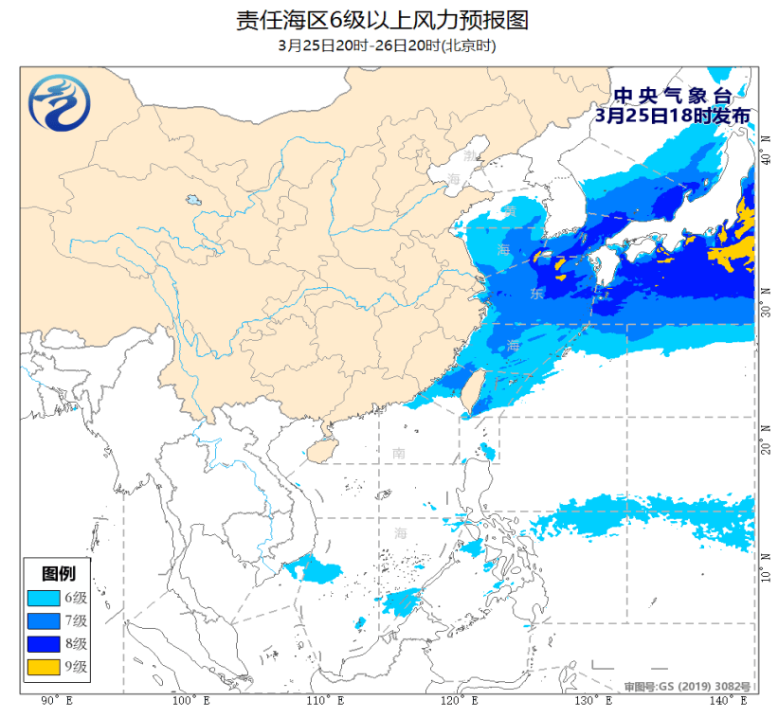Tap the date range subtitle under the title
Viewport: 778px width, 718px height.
(x=388, y=45)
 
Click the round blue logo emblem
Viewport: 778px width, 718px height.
(x=59, y=102)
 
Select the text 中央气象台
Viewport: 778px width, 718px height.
(x=674, y=96)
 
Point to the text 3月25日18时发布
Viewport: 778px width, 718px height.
(x=674, y=115)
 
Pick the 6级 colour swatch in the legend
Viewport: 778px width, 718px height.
(x=44, y=598)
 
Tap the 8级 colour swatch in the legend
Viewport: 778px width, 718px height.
(x=44, y=644)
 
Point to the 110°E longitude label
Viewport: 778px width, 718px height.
(x=322, y=701)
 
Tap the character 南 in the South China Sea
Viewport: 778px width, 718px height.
(x=399, y=454)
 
